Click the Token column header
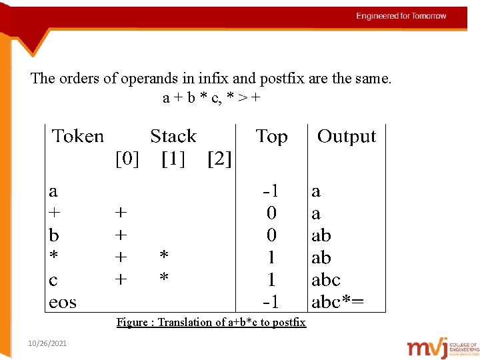[78, 137]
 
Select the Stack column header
[173, 137]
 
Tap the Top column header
[271, 137]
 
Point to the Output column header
[346, 137]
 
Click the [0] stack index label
[127, 159]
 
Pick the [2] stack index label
[219, 159]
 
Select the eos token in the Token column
[63, 303]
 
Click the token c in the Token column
[53, 280]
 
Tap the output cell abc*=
[338, 302]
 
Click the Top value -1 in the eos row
[270, 302]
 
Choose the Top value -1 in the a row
[270, 191]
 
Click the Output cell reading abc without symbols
[326, 280]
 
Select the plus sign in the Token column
[54, 213]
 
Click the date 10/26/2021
[47, 343]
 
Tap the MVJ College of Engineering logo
[442, 347]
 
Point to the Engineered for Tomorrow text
[401, 16]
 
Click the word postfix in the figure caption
[288, 323]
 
